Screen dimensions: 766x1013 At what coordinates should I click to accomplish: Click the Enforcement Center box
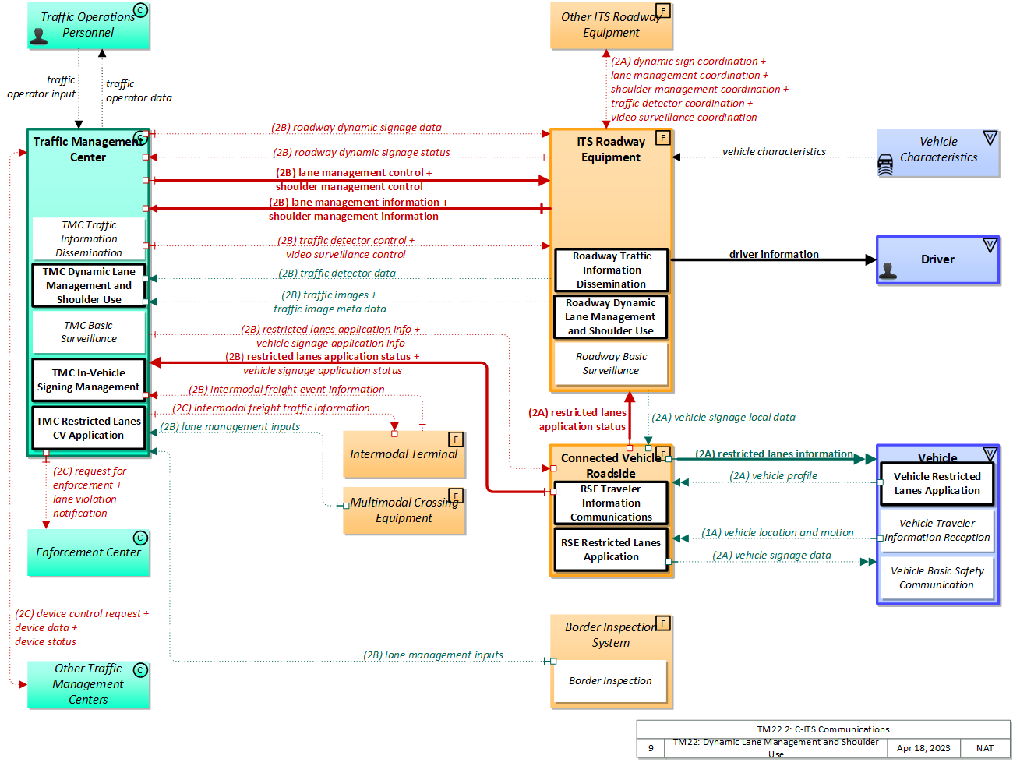coord(88,552)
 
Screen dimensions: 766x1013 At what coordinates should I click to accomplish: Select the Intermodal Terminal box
coord(404,454)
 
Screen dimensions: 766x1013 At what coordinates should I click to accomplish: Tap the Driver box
coord(937,260)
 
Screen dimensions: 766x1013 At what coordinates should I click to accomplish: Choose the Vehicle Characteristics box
coord(938,153)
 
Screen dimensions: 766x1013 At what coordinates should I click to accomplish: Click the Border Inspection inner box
coord(610,681)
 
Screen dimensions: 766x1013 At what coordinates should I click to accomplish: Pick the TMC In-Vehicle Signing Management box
coord(89,380)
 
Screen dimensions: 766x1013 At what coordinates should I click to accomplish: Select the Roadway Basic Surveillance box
coord(611,364)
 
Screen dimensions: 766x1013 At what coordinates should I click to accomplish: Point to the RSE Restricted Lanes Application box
coord(611,550)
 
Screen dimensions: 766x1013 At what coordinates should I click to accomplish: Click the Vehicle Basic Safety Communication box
coord(937,578)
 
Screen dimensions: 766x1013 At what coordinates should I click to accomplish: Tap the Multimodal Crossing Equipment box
coord(404,511)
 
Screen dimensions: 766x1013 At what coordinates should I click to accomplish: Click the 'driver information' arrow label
coord(774,254)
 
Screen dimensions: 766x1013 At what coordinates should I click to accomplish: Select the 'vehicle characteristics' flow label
coord(774,152)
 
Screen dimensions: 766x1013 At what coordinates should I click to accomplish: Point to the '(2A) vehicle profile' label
coord(773,476)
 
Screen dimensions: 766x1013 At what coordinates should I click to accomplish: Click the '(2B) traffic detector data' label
coord(337,274)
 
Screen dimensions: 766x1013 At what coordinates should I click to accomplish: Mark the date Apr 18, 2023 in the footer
coord(923,748)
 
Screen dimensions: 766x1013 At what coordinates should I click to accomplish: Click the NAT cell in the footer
coord(985,748)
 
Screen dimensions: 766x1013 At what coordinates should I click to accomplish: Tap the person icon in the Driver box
coord(888,270)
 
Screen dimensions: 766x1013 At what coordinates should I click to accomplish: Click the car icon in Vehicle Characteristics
coord(886,165)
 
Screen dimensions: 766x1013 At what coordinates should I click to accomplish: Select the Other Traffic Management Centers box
coord(88,684)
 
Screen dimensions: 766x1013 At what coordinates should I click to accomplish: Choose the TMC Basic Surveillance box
coord(89,332)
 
